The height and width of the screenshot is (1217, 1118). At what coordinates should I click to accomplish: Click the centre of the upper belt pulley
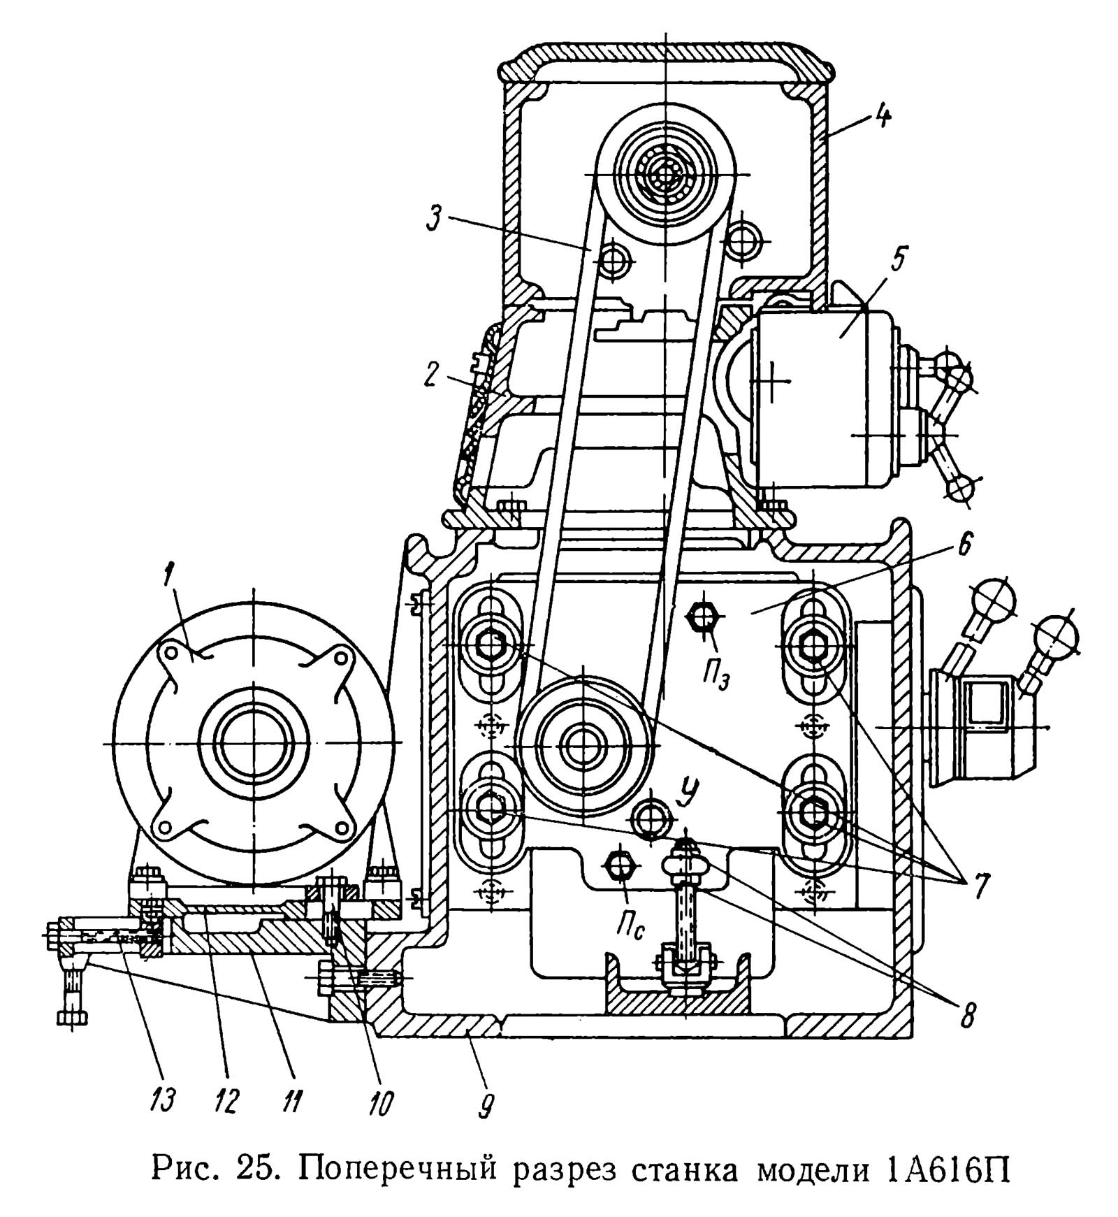pyautogui.click(x=667, y=173)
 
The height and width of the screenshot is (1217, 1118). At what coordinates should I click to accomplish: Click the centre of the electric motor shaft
pyautogui.click(x=254, y=742)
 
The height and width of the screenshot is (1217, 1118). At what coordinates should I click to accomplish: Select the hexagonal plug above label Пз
pyautogui.click(x=704, y=617)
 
